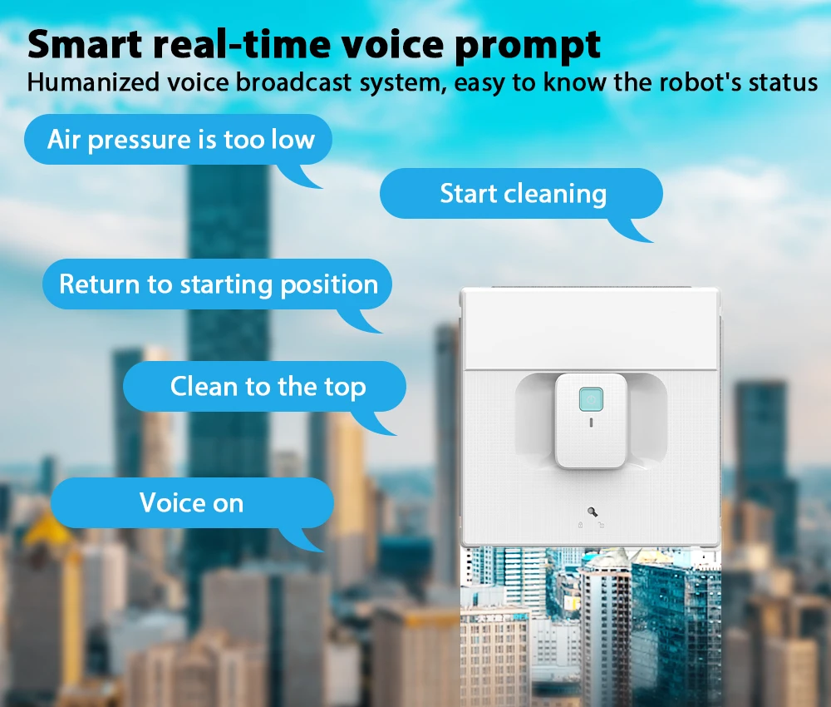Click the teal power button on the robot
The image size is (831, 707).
click(591, 399)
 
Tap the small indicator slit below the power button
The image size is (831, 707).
click(591, 422)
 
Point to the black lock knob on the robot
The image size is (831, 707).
click(591, 512)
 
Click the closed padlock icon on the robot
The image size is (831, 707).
click(580, 525)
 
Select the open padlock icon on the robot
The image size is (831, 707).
click(601, 525)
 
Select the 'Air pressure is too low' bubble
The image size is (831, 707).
click(179, 139)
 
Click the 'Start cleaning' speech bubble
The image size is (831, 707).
click(521, 195)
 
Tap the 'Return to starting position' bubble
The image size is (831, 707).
click(218, 284)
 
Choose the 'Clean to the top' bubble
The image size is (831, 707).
click(266, 387)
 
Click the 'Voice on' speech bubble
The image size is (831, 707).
click(191, 502)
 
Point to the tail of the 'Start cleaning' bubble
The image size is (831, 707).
click(637, 232)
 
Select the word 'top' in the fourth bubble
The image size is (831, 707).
click(344, 388)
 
